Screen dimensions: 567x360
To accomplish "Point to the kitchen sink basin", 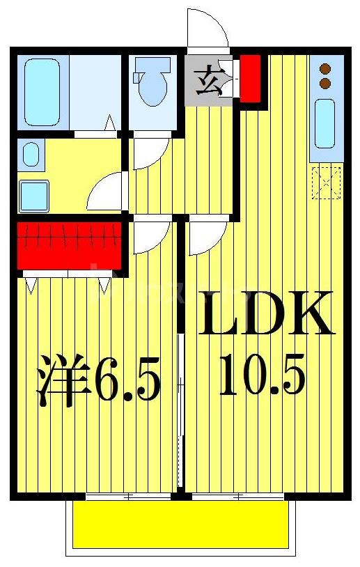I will (324, 123).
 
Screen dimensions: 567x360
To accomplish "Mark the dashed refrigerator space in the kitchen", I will (325, 183).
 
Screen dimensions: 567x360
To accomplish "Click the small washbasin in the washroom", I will (31, 154).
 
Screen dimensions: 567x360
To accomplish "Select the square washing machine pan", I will (33, 194).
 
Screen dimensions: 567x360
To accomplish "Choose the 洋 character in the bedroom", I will (57, 381).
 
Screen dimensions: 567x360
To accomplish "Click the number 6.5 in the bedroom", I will (127, 382).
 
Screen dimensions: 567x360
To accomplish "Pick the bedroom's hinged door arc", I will (150, 237).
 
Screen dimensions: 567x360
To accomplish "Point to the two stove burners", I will (324, 76).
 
